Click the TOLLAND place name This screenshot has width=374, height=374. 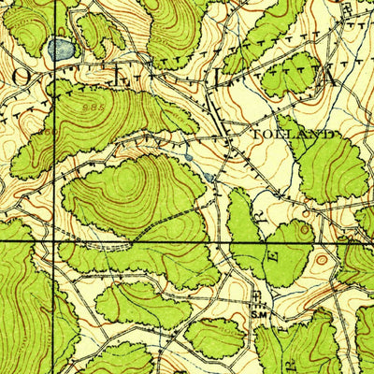[x=293, y=135]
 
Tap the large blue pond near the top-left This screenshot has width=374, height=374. [x=62, y=49]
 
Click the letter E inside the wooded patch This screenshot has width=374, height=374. [x=274, y=251]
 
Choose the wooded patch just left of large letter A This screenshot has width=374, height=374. [x=290, y=75]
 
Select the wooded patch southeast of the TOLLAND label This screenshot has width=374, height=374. [x=332, y=168]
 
